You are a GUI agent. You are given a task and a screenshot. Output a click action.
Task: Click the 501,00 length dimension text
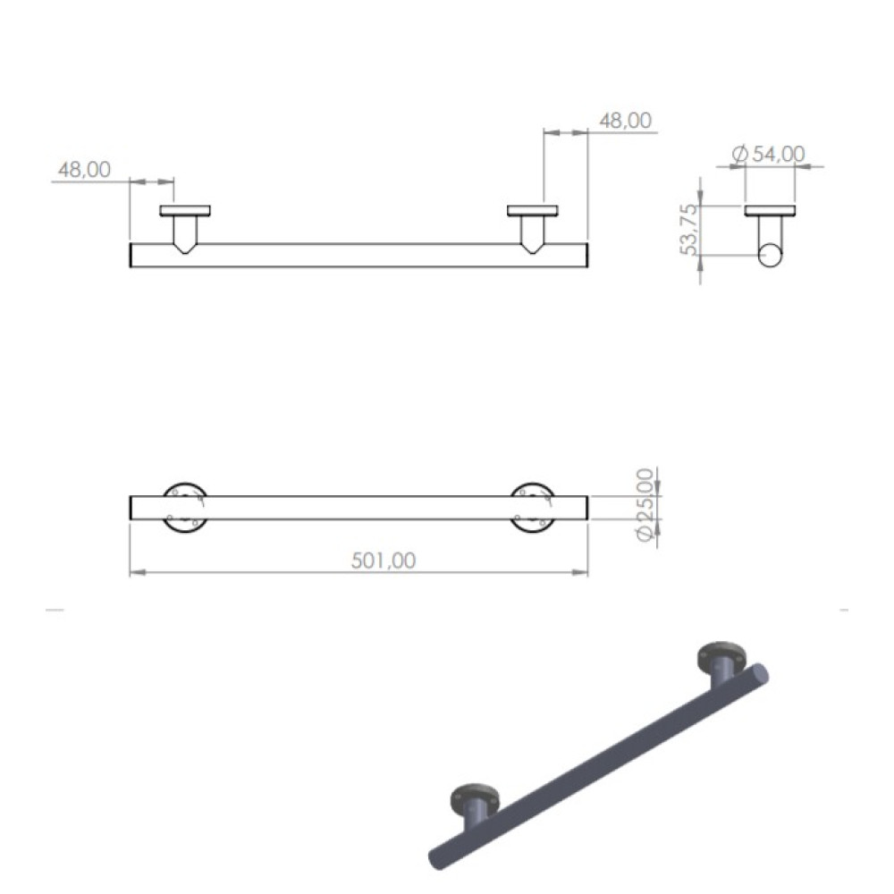[x=384, y=561]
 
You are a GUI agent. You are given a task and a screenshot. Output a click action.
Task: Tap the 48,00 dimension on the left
[x=84, y=169]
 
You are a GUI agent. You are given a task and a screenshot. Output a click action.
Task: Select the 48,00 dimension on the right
[x=626, y=121]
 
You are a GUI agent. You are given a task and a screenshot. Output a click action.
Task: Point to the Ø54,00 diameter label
[x=769, y=154]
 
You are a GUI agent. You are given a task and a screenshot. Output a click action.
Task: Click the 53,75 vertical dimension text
[x=689, y=229]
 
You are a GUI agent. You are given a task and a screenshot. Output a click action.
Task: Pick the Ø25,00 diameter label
[x=645, y=505]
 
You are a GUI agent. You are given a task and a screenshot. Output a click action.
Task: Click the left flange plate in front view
[x=185, y=210]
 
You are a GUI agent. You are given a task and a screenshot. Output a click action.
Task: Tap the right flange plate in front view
[x=533, y=210]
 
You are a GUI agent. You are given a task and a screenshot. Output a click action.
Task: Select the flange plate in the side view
[x=771, y=210]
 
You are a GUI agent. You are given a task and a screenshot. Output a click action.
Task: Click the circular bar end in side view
[x=771, y=256]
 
